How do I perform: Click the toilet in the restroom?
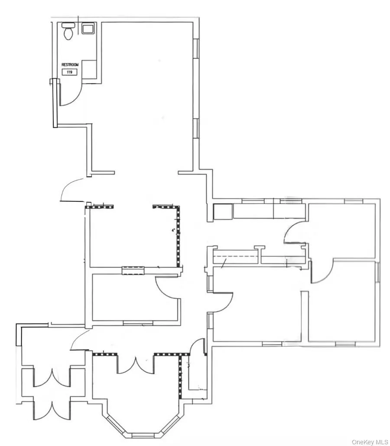pyautogui.click(x=68, y=32)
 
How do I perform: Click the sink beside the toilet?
pyautogui.click(x=88, y=29)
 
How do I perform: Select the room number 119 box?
pyautogui.click(x=68, y=72)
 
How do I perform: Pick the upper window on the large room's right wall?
pyautogui.click(x=196, y=48)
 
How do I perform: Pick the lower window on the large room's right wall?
pyautogui.click(x=196, y=128)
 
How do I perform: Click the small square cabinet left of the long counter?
pyautogui.click(x=222, y=212)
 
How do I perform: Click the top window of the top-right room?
pyautogui.click(x=353, y=201)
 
